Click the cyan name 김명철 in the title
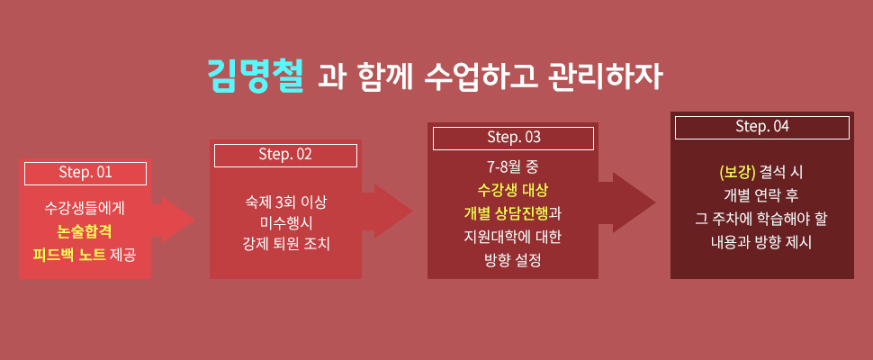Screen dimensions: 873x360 (256, 76)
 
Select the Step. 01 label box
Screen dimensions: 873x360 (85, 173)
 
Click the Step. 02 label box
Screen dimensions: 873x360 (285, 155)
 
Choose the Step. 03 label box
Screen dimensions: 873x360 (513, 138)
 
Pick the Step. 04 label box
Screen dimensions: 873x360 (762, 128)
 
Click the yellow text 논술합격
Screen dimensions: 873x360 (85, 232)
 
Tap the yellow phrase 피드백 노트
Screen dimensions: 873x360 (69, 256)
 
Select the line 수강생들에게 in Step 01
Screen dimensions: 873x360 (85, 209)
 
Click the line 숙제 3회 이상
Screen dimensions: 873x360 (285, 202)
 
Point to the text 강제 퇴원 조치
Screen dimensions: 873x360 (285, 244)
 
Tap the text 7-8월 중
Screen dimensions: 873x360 (513, 166)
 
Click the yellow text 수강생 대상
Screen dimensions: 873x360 (513, 190)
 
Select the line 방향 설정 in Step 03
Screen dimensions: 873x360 (513, 260)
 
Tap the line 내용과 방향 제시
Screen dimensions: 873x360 (761, 243)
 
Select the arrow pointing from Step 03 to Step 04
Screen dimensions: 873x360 (627, 202)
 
